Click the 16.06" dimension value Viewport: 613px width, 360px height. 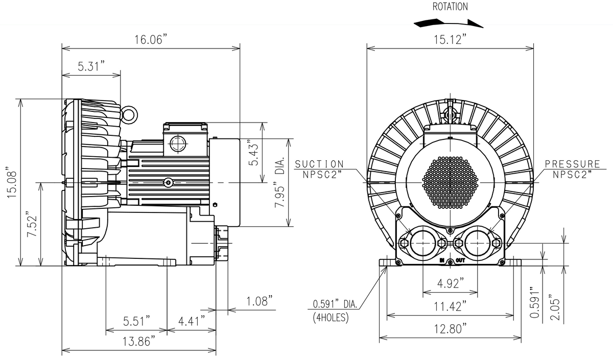pyautogui.click(x=151, y=40)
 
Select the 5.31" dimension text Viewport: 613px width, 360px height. pyautogui.click(x=91, y=66)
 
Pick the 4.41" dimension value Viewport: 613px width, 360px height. pyautogui.click(x=192, y=321)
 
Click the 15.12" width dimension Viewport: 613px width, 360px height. pyautogui.click(x=450, y=39)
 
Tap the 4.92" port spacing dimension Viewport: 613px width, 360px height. pyautogui.click(x=450, y=282)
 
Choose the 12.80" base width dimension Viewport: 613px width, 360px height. pyautogui.click(x=450, y=329)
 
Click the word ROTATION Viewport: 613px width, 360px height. pyautogui.click(x=450, y=7)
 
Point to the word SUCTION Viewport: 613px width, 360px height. pyautogui.click(x=320, y=164)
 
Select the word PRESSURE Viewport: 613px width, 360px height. pyautogui.click(x=572, y=164)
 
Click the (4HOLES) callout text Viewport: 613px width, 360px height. pyautogui.click(x=330, y=317)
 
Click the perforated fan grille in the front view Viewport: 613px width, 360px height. pyautogui.click(x=450, y=181)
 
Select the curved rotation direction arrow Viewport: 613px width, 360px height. pyautogui.click(x=449, y=22)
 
